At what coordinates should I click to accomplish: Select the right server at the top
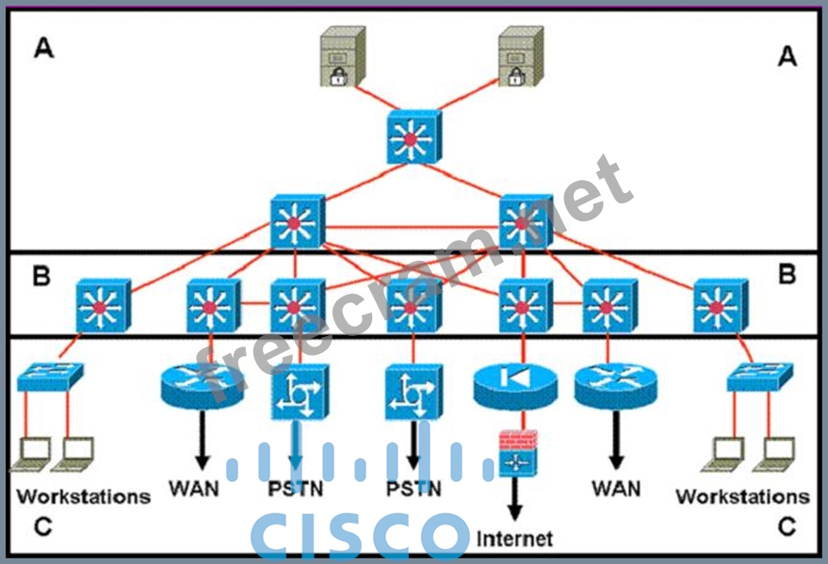tap(520, 57)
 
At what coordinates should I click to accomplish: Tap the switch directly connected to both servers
tap(414, 137)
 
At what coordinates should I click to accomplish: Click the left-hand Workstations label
tap(83, 495)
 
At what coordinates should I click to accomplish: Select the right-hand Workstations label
tap(742, 495)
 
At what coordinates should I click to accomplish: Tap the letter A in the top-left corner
tap(43, 48)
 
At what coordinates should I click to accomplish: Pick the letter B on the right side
tap(787, 275)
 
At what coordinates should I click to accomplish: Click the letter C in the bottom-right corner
tap(787, 527)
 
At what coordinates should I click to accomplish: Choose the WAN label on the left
tap(194, 490)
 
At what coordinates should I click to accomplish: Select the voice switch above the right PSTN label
tap(413, 394)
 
